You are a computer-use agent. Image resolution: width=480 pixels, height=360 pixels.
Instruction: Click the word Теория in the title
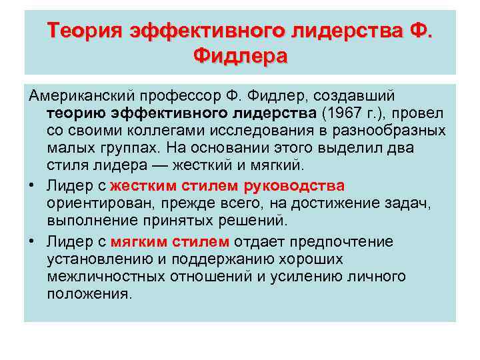pyautogui.click(x=85, y=30)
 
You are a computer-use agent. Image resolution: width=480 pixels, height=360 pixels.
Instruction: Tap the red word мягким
pyautogui.click(x=139, y=241)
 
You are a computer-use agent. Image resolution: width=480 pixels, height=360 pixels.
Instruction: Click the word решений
pyautogui.click(x=255, y=219)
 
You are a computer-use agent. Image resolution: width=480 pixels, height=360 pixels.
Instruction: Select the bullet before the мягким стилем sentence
pyautogui.click(x=31, y=241)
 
